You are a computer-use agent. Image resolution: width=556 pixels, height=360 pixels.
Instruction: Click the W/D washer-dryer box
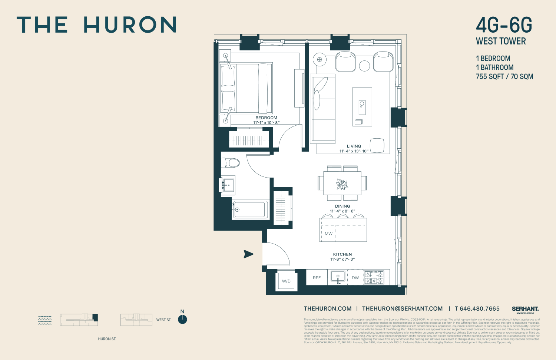286,281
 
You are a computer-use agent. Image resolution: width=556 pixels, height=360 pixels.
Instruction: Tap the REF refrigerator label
317,278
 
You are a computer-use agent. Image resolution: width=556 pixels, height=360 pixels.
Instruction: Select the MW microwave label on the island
328,234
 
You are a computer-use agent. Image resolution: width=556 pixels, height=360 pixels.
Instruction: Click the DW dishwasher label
355,278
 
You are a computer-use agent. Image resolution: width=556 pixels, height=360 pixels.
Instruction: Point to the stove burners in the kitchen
374,277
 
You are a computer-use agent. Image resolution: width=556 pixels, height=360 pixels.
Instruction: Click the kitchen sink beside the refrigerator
338,277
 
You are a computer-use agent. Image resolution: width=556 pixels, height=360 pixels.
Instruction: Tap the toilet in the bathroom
230,163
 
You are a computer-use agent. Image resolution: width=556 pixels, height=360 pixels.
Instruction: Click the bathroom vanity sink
228,185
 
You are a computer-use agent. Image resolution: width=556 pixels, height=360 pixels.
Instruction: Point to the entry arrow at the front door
248,254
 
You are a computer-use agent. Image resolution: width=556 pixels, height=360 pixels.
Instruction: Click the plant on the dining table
342,184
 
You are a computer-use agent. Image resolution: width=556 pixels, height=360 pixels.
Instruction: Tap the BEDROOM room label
266,118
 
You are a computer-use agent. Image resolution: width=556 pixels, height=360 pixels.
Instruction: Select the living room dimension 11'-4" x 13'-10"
354,151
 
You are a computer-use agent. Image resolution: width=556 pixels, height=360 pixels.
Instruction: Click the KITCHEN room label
342,254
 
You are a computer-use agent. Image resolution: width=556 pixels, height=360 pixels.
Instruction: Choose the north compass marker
182,319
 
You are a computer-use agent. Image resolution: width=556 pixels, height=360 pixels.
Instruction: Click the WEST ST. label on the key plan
164,320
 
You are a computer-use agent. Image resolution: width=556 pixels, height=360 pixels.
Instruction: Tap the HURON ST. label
107,339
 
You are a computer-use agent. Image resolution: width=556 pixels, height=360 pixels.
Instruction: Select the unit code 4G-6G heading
504,25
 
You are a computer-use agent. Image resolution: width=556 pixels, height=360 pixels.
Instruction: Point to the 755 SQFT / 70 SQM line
504,77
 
